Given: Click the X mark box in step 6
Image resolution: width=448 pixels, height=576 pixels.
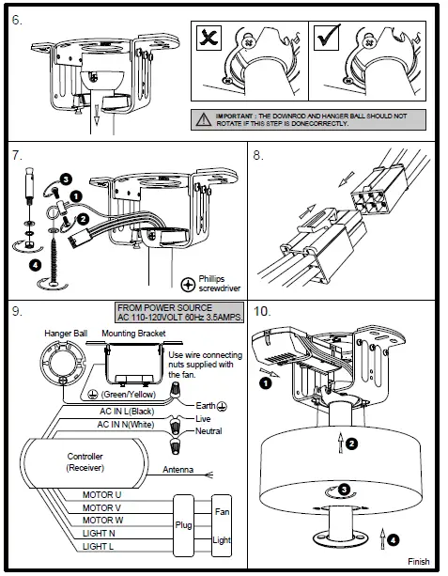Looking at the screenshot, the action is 209,38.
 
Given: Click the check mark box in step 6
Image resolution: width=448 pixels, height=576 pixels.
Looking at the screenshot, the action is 327,38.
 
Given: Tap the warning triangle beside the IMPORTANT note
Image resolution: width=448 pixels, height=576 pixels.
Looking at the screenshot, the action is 203,119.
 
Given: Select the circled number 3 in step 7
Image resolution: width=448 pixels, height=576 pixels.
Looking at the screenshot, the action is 66,179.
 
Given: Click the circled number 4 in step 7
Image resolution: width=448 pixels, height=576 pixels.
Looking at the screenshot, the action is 35,265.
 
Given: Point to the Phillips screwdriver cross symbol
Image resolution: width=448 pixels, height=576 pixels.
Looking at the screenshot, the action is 188,285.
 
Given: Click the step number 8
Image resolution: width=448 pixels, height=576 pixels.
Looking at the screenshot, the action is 258,155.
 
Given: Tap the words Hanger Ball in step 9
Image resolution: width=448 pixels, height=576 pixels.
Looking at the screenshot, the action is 66,334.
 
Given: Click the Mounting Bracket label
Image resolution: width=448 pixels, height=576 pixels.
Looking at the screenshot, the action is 133,334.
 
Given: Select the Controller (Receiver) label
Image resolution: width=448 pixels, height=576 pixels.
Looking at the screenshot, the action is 85,461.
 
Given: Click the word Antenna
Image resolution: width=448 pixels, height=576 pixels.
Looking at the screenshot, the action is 178,470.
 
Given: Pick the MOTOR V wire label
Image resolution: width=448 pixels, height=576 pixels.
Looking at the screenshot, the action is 101,508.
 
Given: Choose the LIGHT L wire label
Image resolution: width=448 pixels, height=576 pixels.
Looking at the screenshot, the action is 98,546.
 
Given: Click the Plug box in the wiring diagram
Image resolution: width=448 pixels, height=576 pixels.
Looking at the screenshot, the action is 183,525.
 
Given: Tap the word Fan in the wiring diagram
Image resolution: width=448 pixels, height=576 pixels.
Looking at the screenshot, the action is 223,512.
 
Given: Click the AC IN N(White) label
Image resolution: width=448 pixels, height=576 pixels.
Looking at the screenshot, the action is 126,425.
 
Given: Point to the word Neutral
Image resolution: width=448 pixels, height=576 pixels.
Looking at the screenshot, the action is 209,431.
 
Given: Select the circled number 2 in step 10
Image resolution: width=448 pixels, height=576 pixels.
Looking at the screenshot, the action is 352,444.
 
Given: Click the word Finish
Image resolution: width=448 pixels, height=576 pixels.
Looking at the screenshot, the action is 419,561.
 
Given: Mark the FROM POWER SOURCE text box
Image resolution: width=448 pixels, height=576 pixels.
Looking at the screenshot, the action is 179,312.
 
